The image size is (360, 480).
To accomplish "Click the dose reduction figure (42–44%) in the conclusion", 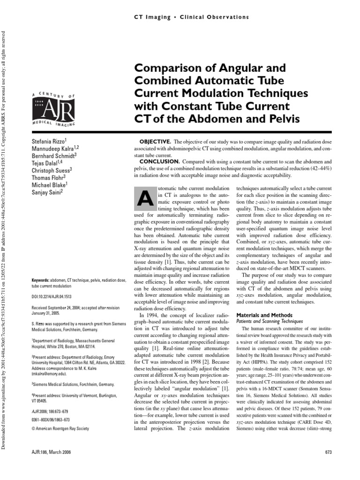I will [x=316, y=168].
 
